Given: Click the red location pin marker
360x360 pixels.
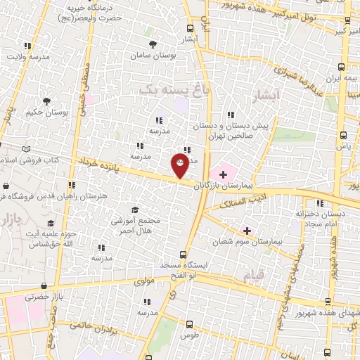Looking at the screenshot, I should coord(180,166).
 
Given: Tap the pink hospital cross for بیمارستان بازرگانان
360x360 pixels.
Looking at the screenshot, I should coord(224,173).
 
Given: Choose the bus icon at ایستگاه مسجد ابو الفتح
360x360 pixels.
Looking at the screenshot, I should coord(183,255).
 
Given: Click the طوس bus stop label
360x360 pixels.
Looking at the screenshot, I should coord(189,336).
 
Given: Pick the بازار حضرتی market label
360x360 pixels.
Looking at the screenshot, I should coord(44,297).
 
